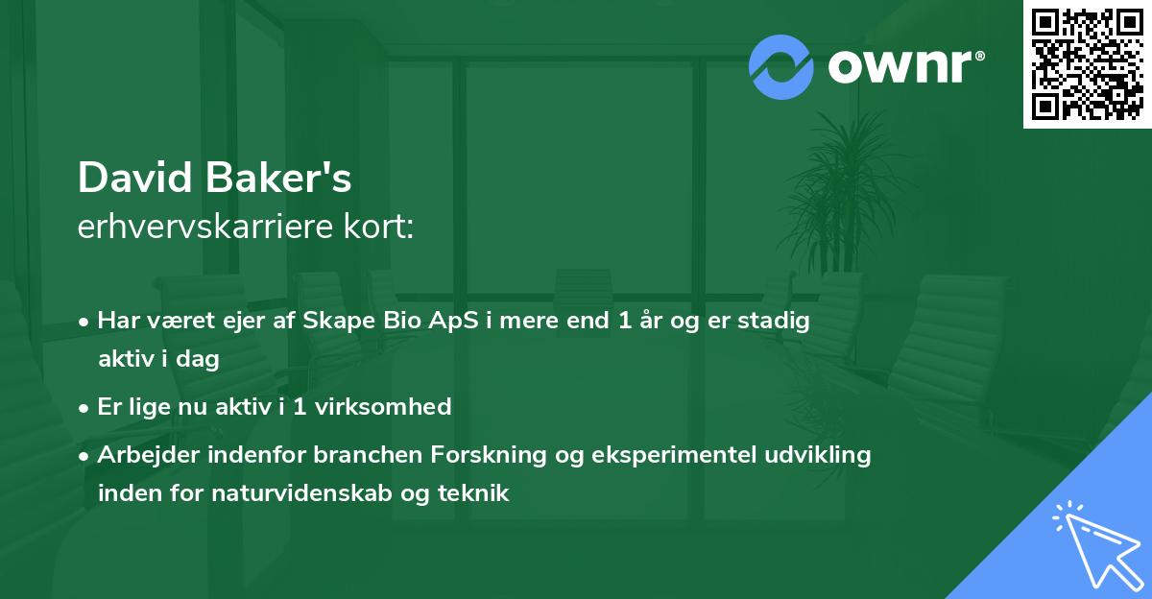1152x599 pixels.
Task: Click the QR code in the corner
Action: tap(1088, 64)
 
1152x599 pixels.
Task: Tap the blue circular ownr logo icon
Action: tap(781, 67)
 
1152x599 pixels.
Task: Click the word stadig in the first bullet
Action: tap(780, 321)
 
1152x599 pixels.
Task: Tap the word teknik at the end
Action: tap(476, 493)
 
